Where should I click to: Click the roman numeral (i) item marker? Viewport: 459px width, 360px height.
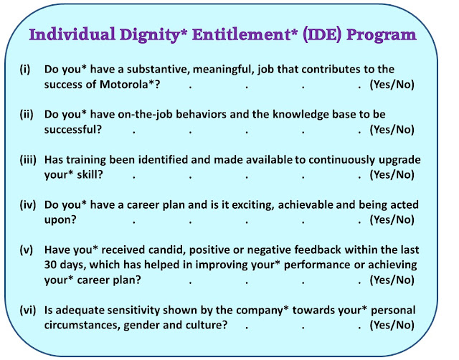[25, 70]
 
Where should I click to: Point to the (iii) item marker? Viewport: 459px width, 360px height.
[28, 160]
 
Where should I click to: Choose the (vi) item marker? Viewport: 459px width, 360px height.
[28, 310]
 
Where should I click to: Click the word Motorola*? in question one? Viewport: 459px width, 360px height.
[130, 85]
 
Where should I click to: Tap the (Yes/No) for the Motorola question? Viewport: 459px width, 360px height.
[392, 85]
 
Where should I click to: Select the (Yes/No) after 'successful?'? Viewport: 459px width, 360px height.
[392, 130]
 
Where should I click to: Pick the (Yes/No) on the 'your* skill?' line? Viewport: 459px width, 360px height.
[392, 175]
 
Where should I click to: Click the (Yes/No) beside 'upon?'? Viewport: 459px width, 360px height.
[392, 220]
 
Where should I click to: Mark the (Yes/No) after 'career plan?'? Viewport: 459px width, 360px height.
[392, 280]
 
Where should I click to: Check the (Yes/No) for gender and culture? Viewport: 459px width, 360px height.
[392, 325]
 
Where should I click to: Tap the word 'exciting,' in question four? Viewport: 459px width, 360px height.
[253, 205]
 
